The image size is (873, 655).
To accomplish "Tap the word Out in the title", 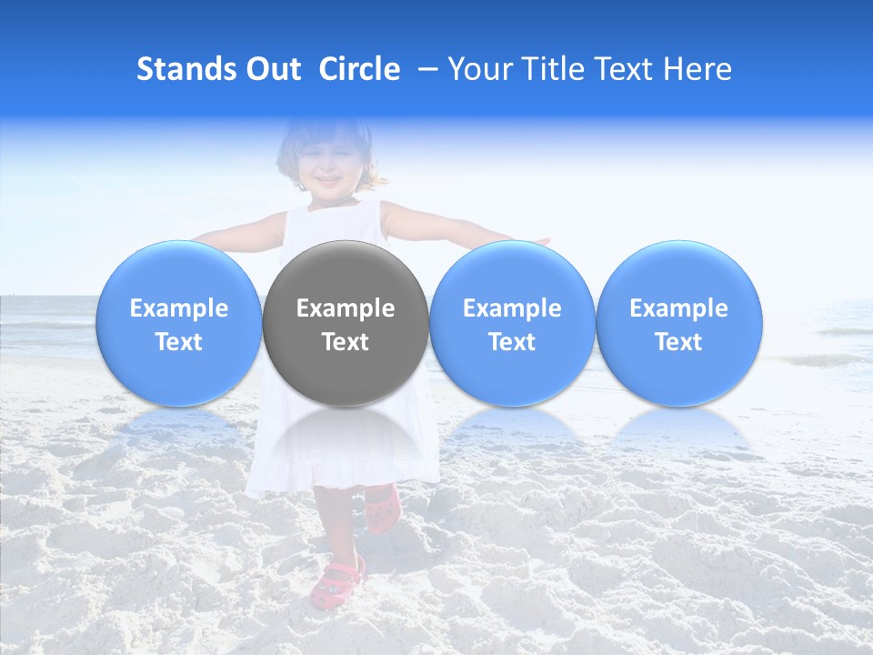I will (274, 69).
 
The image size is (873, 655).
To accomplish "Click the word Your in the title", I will (479, 69).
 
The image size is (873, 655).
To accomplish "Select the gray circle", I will (346, 323).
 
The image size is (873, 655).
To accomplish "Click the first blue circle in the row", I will (179, 323).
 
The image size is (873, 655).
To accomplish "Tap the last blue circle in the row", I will (679, 323).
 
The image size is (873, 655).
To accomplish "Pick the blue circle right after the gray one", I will (512, 323).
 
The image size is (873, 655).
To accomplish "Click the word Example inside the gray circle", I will (346, 308).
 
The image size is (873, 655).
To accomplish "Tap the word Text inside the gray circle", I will (346, 342).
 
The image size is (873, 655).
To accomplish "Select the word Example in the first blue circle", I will (179, 308).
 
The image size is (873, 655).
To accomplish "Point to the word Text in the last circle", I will (679, 342).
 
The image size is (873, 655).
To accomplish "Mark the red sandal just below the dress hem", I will (383, 509).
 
